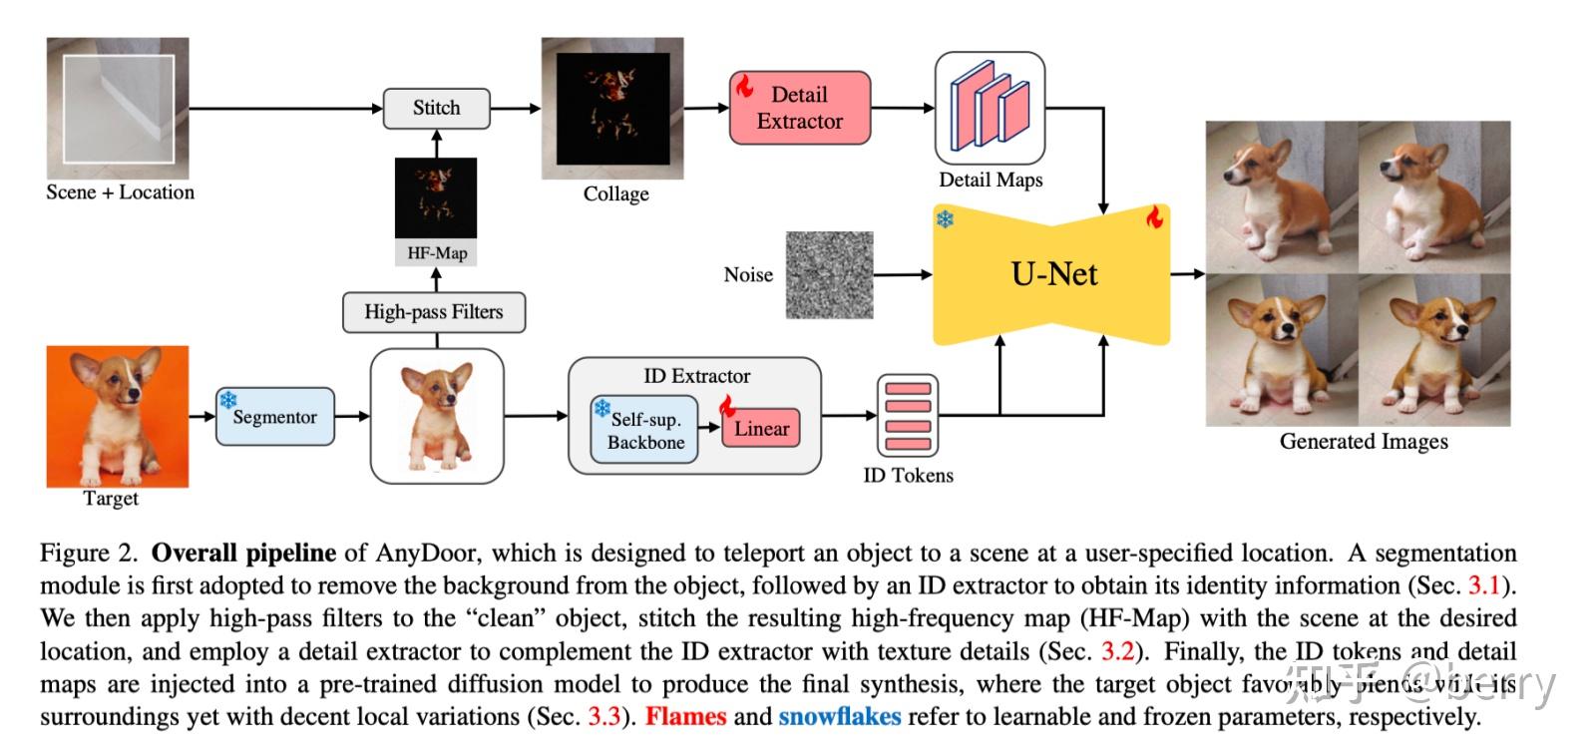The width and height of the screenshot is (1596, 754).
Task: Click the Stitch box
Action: tap(436, 108)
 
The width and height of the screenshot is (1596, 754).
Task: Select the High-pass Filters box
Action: tap(433, 312)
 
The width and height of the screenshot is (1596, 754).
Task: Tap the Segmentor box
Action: tap(274, 417)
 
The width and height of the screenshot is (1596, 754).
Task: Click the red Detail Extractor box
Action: tap(799, 108)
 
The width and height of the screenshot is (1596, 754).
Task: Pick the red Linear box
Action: tap(761, 429)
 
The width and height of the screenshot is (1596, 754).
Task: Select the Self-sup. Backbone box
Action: tap(644, 431)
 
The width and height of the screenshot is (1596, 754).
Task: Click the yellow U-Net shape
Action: tap(1052, 274)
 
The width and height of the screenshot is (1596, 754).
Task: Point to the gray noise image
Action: tap(829, 275)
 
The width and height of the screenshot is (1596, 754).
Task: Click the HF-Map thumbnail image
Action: tap(436, 197)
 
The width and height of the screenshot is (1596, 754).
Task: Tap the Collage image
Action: tap(612, 109)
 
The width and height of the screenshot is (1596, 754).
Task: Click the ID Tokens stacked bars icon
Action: tap(908, 415)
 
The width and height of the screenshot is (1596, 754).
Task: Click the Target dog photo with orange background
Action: tap(118, 415)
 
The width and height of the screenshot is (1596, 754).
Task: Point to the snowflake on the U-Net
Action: tap(945, 217)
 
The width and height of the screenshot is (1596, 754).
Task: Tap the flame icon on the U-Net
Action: tap(1154, 216)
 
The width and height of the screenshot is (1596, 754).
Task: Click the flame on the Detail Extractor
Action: tap(744, 86)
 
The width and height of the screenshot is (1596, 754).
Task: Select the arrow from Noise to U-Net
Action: tap(902, 274)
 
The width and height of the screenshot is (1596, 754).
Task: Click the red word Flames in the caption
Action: tap(685, 716)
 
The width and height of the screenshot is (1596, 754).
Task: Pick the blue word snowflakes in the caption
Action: tap(839, 716)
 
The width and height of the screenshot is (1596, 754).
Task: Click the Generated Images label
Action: tap(1363, 442)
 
